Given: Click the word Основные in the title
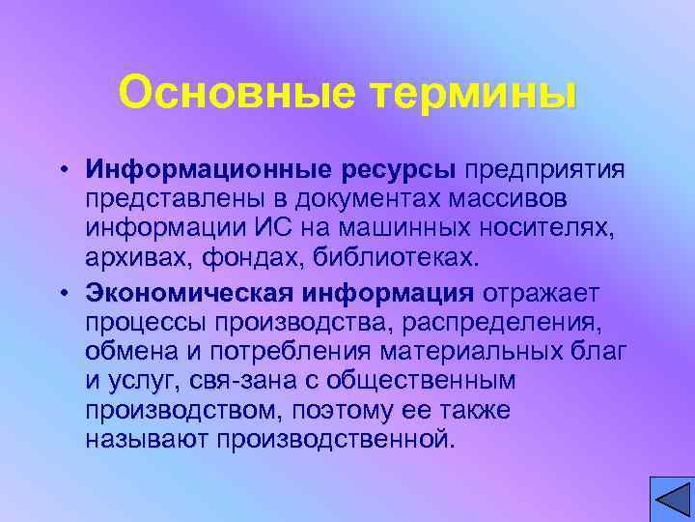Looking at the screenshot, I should (x=230, y=93).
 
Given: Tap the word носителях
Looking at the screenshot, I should (x=555, y=229).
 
